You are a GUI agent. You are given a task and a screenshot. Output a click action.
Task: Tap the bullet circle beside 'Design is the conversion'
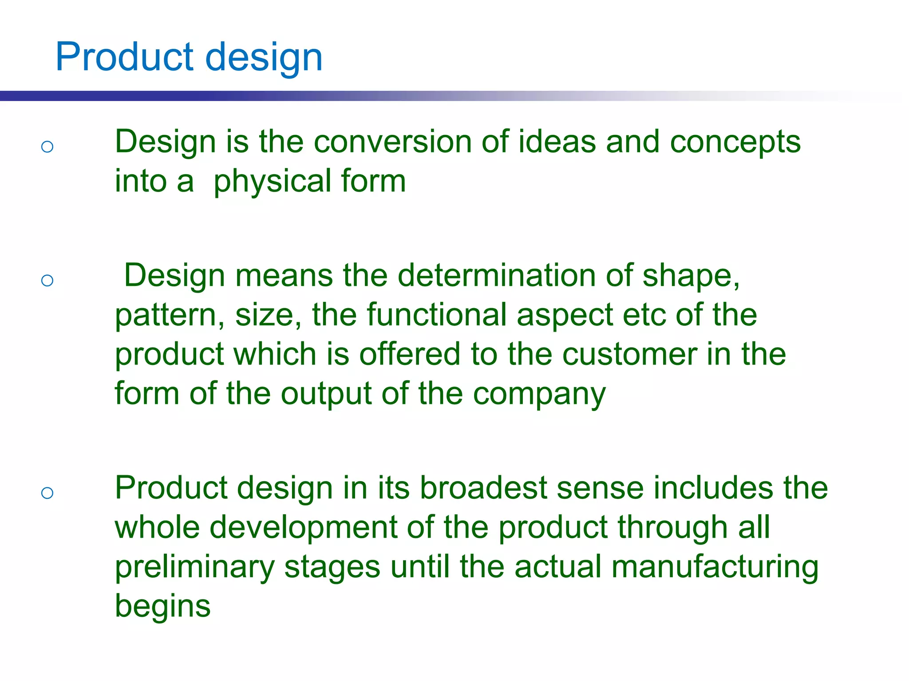coord(47,147)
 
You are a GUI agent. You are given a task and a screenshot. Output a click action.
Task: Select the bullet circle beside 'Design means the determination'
coord(47,280)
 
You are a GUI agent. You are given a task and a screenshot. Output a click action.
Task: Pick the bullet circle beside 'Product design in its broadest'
coord(47,493)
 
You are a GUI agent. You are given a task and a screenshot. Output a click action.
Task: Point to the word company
coord(539,395)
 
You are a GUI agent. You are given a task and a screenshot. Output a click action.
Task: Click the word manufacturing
coord(715,567)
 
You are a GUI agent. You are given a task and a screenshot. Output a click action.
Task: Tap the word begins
coord(162,607)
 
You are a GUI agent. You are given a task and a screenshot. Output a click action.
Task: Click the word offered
coord(409,354)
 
